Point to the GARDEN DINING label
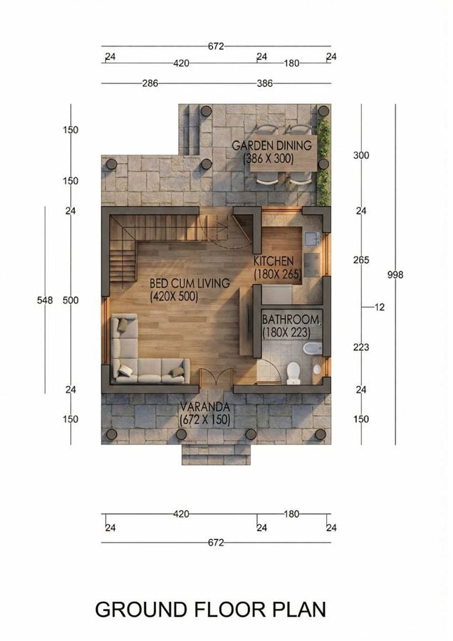(272, 146)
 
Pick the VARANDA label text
(204, 407)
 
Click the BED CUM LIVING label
(189, 283)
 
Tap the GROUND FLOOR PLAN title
(210, 610)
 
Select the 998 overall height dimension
(395, 274)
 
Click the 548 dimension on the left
(45, 301)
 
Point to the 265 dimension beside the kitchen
(361, 260)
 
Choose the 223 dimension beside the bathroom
(361, 347)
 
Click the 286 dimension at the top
(150, 83)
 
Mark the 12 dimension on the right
(379, 307)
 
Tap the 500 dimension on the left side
(71, 301)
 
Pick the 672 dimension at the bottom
(217, 543)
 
